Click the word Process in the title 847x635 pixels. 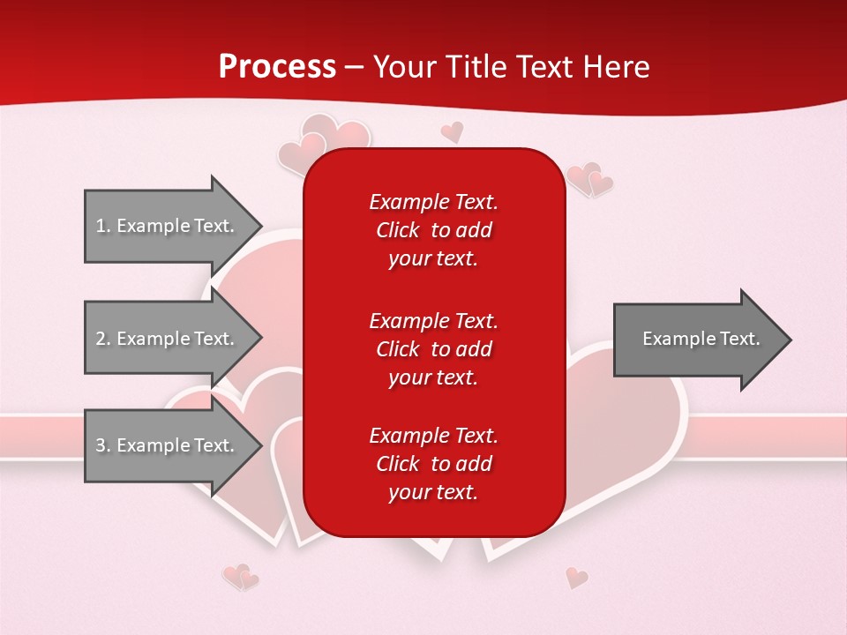(x=277, y=66)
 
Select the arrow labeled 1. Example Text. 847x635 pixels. (x=165, y=226)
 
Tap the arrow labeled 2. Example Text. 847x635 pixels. (x=165, y=339)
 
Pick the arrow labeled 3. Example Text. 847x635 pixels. (x=165, y=445)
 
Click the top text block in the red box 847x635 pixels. (x=433, y=230)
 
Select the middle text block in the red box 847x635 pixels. (x=433, y=349)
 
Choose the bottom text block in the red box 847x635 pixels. (x=433, y=464)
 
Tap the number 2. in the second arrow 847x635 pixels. (x=103, y=339)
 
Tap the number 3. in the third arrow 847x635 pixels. (x=103, y=445)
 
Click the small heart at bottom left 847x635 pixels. (x=240, y=578)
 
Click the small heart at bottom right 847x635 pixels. (x=576, y=578)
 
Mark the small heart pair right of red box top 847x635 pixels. (x=589, y=180)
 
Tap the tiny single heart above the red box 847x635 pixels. (x=452, y=132)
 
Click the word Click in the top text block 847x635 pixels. (x=398, y=230)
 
